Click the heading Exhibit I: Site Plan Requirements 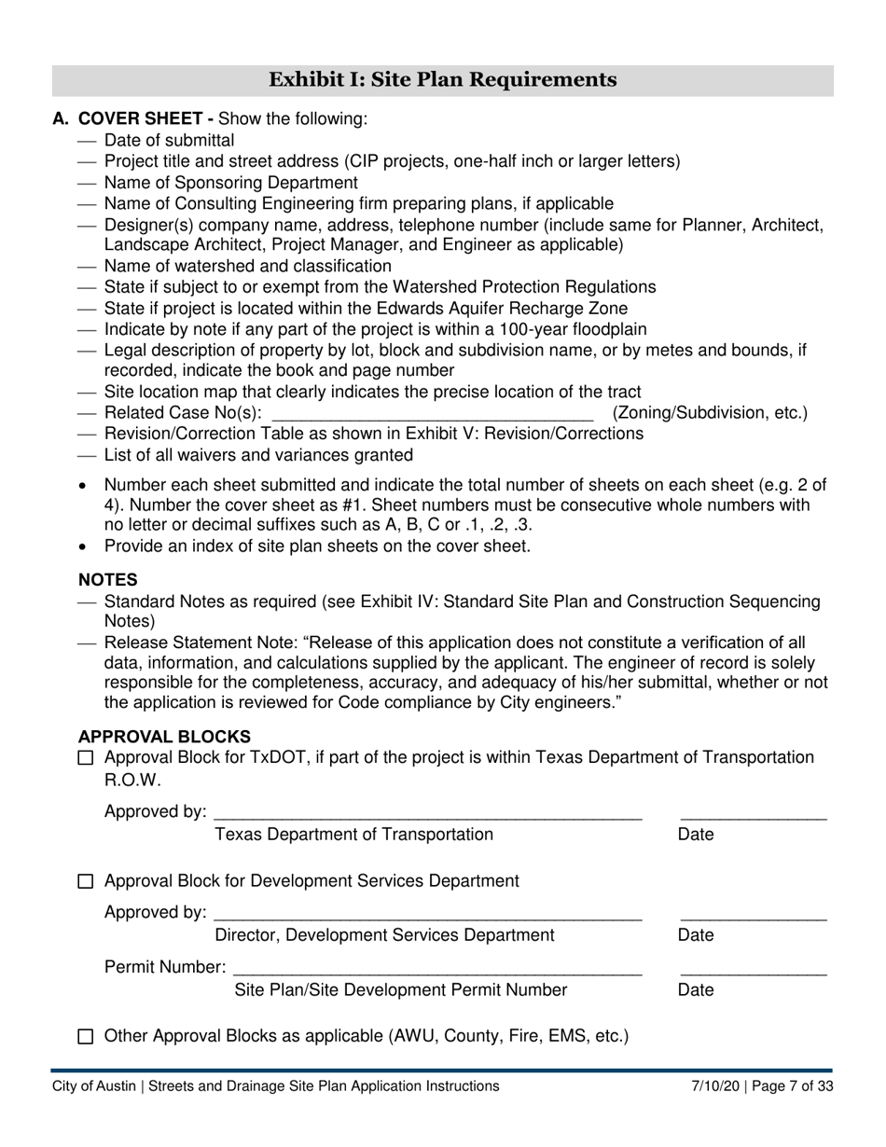coord(442,80)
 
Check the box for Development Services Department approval coord(86,881)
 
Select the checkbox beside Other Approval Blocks coord(86,1036)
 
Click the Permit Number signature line coord(437,972)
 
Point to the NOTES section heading coord(107,580)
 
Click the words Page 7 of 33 coord(793,1086)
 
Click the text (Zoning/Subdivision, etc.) coord(710,412)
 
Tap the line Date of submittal coord(169,141)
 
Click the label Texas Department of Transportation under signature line coord(353,835)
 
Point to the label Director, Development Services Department coord(384,935)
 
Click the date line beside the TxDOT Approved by coord(753,817)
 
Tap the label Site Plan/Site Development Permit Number coord(400,990)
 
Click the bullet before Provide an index coord(86,546)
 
